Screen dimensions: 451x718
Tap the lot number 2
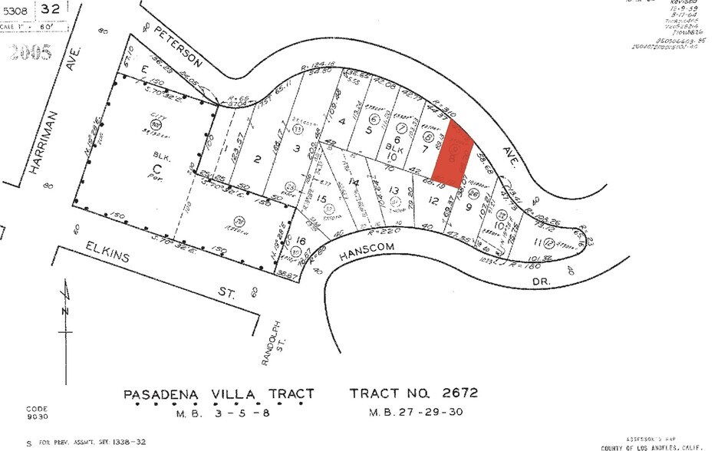[x=259, y=159]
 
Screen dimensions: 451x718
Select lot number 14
[x=354, y=182]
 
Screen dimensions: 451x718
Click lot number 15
[x=322, y=199]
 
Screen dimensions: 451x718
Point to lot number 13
[x=394, y=190]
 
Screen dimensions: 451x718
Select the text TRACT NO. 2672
[x=413, y=393]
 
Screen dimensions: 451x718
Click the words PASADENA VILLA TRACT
[x=219, y=394]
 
